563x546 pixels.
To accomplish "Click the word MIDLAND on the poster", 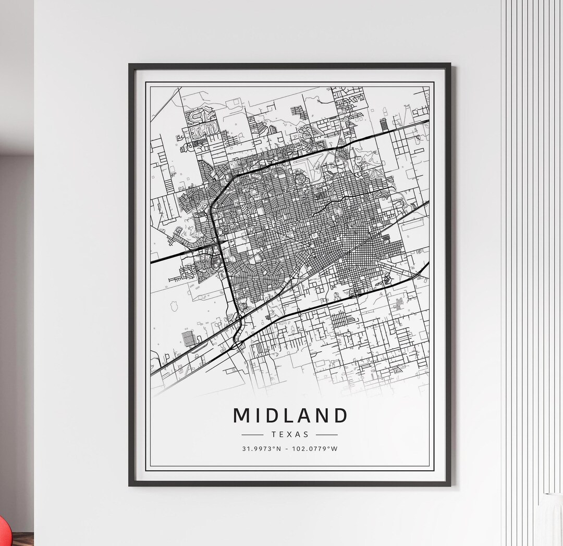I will point(290,416).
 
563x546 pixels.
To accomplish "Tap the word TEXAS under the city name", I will point(290,434).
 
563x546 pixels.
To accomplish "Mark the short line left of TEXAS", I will point(253,434).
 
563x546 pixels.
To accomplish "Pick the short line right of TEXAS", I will point(327,434).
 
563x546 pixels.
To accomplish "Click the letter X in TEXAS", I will point(290,434).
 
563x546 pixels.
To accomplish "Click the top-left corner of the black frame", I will point(130,65).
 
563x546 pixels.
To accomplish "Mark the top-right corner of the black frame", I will point(450,65).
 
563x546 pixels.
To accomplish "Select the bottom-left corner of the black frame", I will point(130,485).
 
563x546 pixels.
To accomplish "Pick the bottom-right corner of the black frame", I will point(450,485).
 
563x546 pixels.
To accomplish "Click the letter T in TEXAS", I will point(274,434).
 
